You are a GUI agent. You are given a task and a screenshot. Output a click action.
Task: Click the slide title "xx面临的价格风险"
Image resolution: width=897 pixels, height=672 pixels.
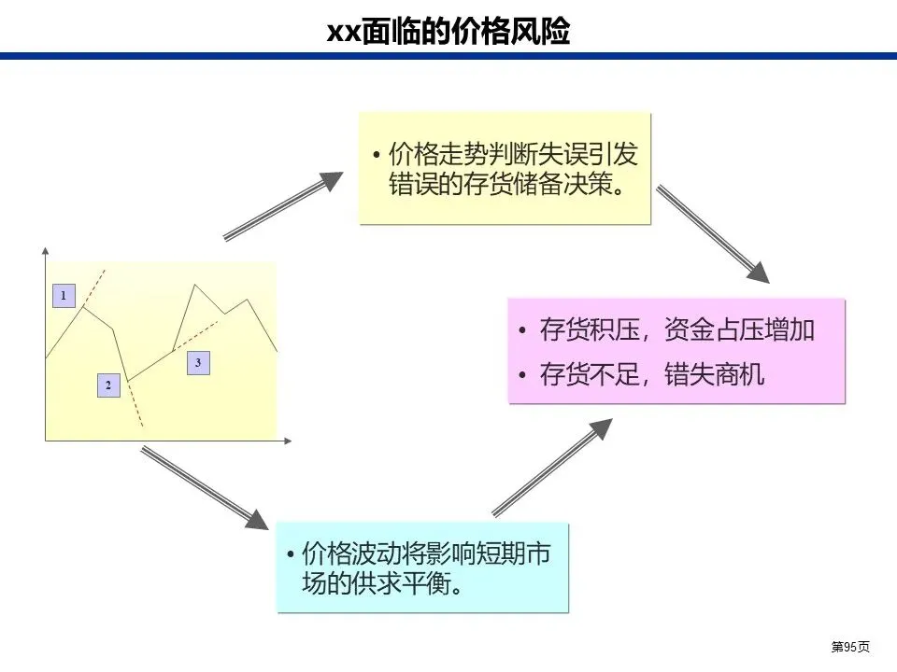point(448,32)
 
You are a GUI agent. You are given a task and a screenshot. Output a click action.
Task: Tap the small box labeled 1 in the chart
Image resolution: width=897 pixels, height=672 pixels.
point(63,296)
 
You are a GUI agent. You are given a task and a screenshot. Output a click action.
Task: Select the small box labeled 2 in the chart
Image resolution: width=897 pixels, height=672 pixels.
point(109,385)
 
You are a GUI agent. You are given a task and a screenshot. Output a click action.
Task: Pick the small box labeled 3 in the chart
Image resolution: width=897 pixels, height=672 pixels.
point(198,361)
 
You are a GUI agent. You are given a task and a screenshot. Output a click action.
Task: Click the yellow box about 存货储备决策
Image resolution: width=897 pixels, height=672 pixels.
point(505,168)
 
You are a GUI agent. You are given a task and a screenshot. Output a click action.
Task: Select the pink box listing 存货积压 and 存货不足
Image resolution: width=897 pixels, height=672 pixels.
point(676,351)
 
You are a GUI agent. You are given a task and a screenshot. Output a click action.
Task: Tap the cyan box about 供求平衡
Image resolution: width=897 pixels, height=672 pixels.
point(422,567)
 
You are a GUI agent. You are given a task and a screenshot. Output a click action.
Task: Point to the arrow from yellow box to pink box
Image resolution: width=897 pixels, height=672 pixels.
point(712,233)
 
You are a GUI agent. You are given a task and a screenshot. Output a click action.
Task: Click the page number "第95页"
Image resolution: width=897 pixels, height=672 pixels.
point(850,647)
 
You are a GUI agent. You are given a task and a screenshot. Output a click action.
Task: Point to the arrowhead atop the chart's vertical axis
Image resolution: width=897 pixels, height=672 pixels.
point(45,250)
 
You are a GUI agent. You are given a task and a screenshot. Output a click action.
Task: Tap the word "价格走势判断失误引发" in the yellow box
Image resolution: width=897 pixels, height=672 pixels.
point(513,153)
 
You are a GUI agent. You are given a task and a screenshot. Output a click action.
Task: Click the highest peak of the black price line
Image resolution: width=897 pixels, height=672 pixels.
point(193,284)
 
